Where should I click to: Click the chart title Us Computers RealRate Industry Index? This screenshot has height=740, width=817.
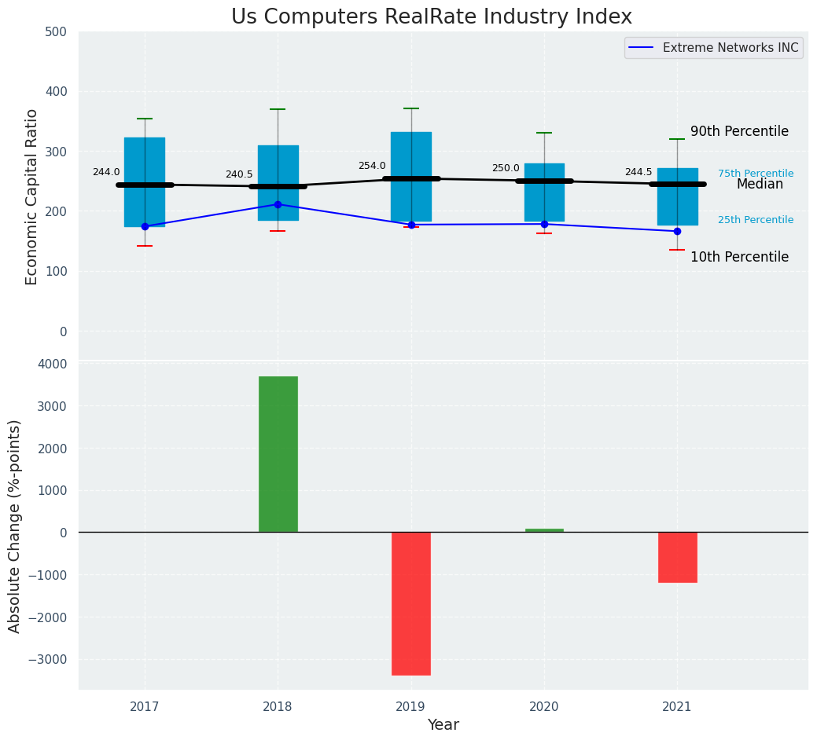click(x=431, y=17)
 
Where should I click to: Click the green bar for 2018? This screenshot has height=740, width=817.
click(x=278, y=454)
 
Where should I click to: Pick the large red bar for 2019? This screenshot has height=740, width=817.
click(x=411, y=603)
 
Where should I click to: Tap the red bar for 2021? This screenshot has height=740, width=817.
click(x=677, y=557)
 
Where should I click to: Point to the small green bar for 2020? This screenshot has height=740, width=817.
click(x=544, y=530)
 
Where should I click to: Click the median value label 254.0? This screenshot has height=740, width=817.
click(x=372, y=166)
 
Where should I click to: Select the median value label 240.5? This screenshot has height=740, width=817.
click(x=239, y=174)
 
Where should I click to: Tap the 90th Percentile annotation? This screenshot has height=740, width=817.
click(x=739, y=131)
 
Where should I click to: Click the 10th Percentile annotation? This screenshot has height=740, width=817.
click(x=739, y=257)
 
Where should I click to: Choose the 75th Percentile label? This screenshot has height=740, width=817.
click(x=756, y=174)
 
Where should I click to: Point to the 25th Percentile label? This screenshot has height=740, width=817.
click(x=756, y=220)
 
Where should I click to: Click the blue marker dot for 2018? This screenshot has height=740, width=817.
click(x=278, y=204)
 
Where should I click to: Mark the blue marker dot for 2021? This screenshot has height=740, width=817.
click(x=677, y=231)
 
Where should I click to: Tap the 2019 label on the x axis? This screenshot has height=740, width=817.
click(x=410, y=707)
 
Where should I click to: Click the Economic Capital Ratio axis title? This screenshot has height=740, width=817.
click(x=32, y=196)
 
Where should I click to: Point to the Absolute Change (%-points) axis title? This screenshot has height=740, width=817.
click(x=15, y=526)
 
